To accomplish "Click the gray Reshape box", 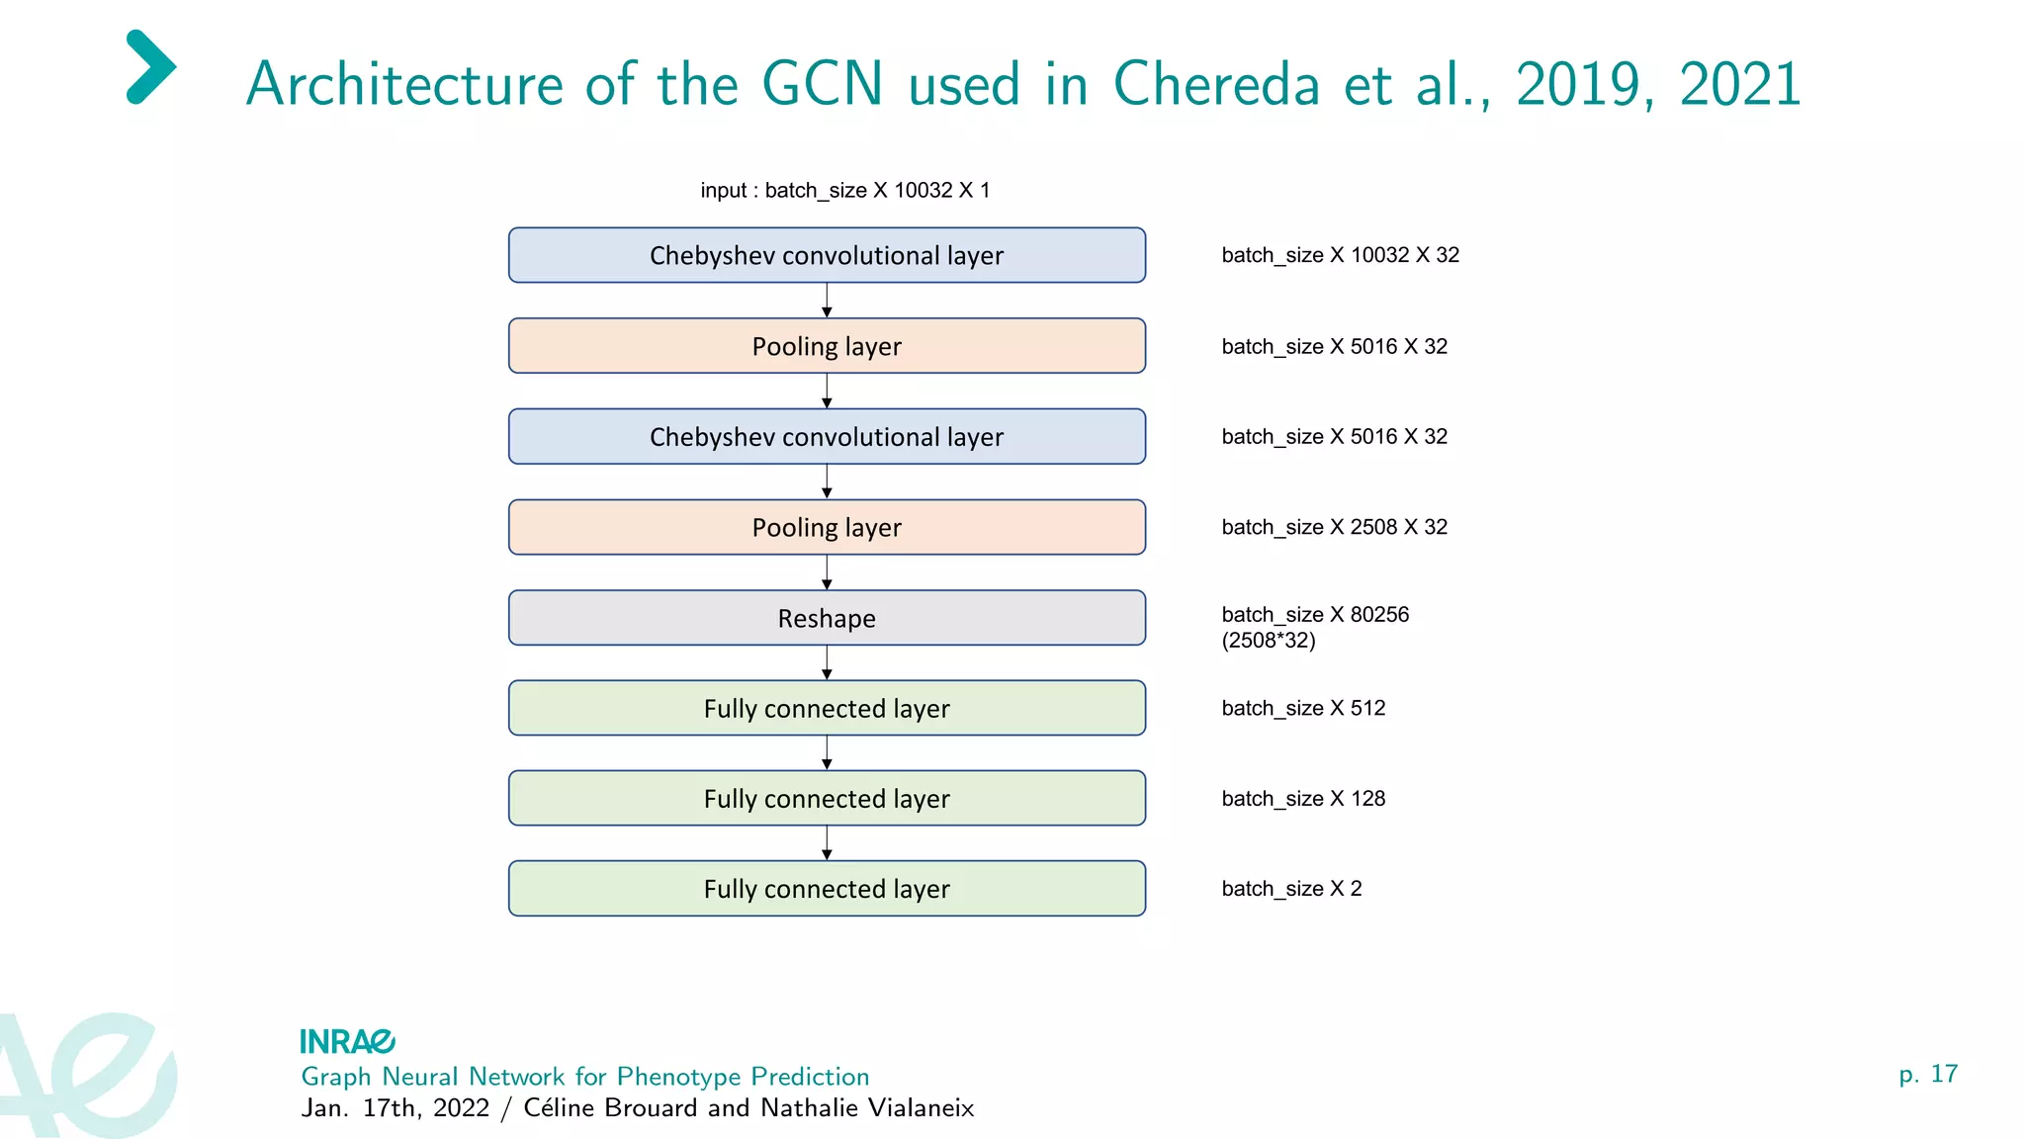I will tap(827, 618).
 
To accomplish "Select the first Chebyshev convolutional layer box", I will tap(827, 255).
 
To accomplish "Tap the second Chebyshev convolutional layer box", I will tap(827, 436).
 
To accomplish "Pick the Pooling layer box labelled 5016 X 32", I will tap(827, 346).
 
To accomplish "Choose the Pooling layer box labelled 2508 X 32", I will tap(827, 527).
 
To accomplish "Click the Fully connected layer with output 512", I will tap(827, 708).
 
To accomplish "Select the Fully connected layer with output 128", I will tap(827, 798).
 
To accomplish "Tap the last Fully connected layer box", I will tap(827, 888).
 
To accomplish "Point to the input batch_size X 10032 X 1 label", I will tap(844, 190).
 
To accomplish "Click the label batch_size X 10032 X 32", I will tap(1340, 255).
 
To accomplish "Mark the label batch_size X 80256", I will tap(1315, 614).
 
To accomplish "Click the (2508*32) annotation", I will tap(1269, 641).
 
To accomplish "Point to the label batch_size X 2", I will tap(1291, 888).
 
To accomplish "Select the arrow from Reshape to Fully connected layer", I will tap(827, 662).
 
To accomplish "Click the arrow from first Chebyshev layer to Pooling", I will tap(827, 301).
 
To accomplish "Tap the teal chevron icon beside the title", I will tap(151, 67).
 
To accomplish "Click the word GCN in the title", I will tap(822, 83).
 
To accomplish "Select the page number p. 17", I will tap(1927, 1074).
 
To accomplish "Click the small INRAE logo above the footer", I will tap(347, 1041).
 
